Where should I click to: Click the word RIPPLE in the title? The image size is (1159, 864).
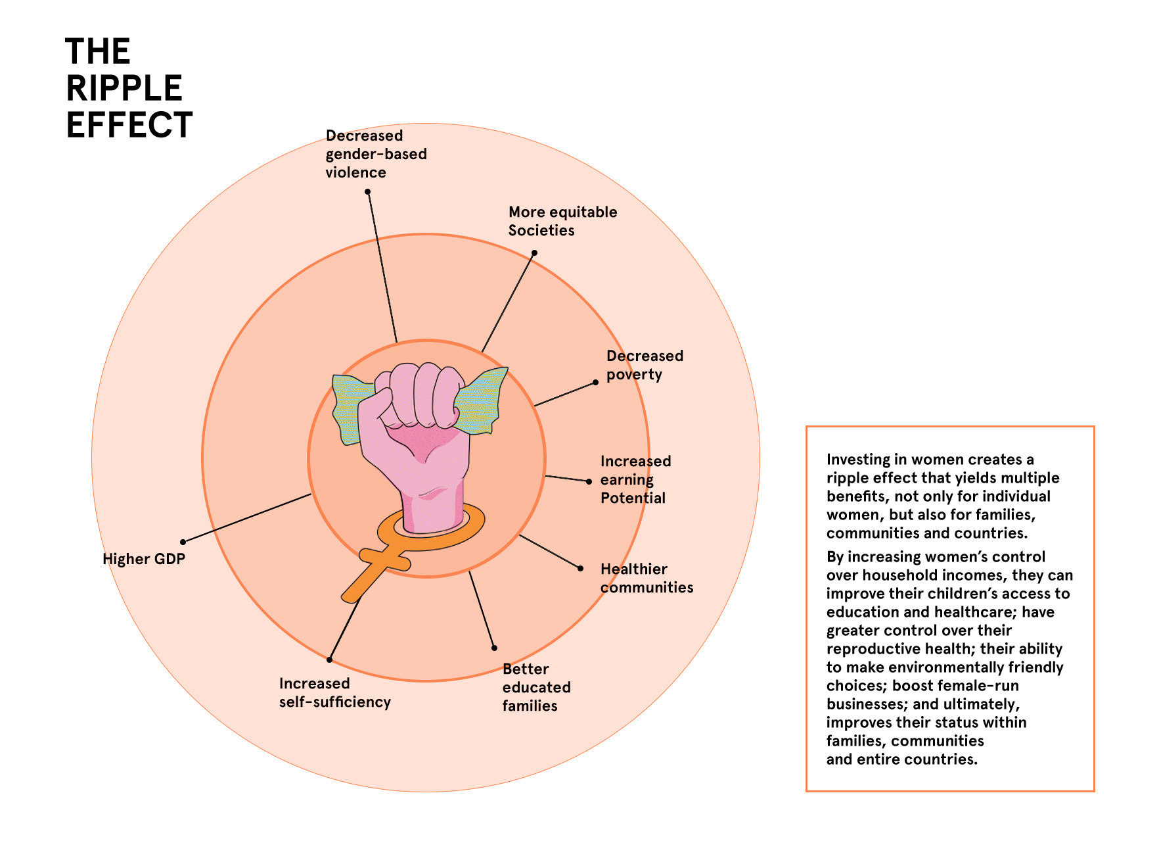[124, 88]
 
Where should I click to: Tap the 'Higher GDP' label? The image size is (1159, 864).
[144, 559]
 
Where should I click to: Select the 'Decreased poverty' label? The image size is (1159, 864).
[645, 365]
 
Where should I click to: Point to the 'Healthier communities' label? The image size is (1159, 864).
[647, 578]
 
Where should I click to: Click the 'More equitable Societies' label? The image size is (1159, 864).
[562, 221]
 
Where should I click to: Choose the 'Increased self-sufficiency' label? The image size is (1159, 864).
[334, 693]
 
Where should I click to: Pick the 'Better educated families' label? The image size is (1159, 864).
[536, 687]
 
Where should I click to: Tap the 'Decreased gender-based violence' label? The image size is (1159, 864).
[376, 154]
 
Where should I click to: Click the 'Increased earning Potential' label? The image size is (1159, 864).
[635, 479]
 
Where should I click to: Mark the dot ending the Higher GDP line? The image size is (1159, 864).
[183, 542]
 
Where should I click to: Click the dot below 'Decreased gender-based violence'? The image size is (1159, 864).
[368, 192]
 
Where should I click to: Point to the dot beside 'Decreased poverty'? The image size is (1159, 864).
[596, 382]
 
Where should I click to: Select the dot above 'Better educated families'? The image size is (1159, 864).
[495, 648]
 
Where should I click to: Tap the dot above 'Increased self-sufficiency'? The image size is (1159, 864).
[330, 660]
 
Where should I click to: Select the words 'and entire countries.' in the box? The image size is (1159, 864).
[902, 759]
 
